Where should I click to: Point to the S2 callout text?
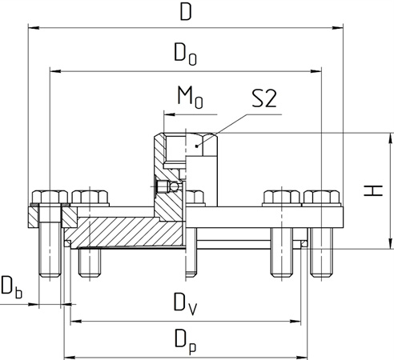point(265,98)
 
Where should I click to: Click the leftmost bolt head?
point(49,198)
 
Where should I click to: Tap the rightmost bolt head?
point(322,198)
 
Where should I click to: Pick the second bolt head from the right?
point(283,198)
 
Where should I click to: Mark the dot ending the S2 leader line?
point(198,145)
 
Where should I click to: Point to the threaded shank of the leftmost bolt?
point(50,252)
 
